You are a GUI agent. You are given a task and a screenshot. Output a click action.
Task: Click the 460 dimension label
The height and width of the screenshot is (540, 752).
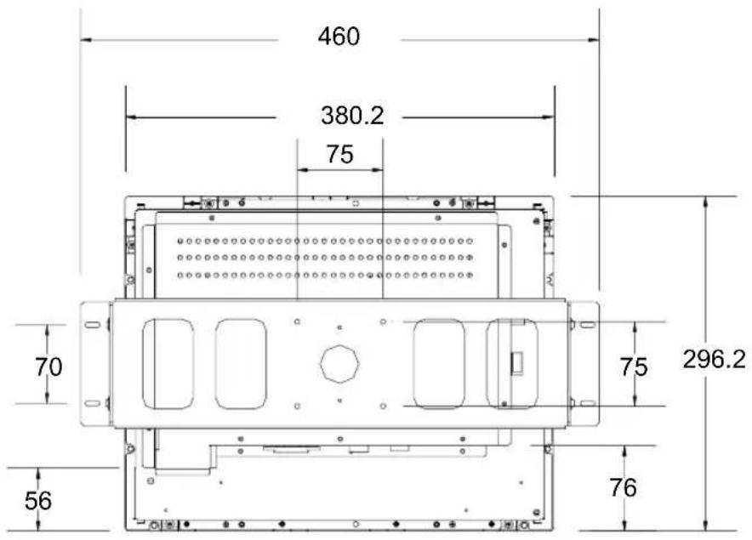339,37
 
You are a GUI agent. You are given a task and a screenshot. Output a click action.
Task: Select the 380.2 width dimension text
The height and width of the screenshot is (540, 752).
352,116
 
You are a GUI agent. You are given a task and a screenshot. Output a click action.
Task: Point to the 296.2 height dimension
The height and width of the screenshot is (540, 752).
714,359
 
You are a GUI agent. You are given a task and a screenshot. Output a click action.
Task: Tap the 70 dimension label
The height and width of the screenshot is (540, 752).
48,367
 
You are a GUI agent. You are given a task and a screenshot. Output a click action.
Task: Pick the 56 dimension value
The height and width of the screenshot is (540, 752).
38,501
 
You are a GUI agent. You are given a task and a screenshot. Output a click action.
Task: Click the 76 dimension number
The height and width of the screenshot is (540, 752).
623,488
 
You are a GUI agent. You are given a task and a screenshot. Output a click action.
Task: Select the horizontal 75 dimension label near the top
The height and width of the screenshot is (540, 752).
340,155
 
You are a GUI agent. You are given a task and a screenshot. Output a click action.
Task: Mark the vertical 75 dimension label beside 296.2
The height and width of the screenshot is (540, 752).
634,367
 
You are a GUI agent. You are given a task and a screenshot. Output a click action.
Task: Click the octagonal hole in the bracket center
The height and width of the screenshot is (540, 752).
339,363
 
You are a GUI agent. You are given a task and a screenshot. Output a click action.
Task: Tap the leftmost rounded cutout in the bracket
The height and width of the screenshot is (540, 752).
168,364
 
